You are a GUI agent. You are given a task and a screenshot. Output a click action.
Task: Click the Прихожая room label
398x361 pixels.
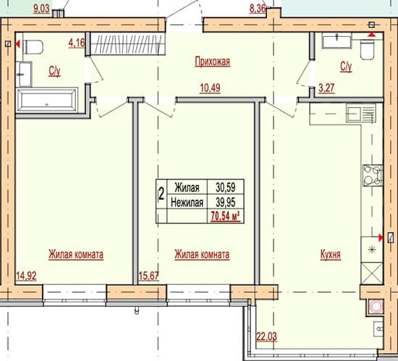[x=213, y=61]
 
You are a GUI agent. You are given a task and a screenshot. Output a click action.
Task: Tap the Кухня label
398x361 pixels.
[x=330, y=255]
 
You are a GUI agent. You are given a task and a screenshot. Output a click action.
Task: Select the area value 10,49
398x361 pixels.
[x=210, y=88]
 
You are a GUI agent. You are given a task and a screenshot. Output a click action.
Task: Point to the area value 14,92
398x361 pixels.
[x=26, y=276]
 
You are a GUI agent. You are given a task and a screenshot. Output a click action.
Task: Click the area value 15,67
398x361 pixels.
[x=149, y=276]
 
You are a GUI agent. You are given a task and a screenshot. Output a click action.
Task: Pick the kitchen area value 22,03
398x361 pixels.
[x=266, y=337]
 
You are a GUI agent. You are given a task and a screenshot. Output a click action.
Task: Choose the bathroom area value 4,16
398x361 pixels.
[x=77, y=43]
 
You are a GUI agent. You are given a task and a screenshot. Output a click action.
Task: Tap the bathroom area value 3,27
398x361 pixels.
[x=326, y=88]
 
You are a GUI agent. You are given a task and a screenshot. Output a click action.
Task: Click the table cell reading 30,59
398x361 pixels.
[x=225, y=187]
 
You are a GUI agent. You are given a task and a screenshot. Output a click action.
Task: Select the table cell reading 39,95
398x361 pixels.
[x=225, y=203]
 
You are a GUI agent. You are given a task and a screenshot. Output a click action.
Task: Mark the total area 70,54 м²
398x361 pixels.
[x=225, y=216]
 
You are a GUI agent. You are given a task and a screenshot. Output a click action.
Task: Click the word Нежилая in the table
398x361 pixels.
[x=187, y=203]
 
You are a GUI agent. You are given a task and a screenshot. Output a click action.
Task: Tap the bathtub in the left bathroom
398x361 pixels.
[x=47, y=101]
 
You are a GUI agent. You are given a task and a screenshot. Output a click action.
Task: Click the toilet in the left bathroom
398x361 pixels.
[x=33, y=47]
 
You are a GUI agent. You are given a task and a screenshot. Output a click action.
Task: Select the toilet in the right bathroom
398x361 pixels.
[x=367, y=50]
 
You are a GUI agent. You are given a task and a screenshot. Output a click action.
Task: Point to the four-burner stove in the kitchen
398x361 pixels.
[x=373, y=175]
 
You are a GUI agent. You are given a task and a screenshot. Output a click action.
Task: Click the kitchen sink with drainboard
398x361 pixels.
[x=360, y=114]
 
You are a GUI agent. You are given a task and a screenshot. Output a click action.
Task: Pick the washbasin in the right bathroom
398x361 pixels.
[x=336, y=41]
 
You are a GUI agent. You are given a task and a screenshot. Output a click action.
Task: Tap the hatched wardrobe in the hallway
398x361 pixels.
[x=126, y=44]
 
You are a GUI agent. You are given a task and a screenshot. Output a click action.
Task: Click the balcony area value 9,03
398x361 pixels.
[x=41, y=9]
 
